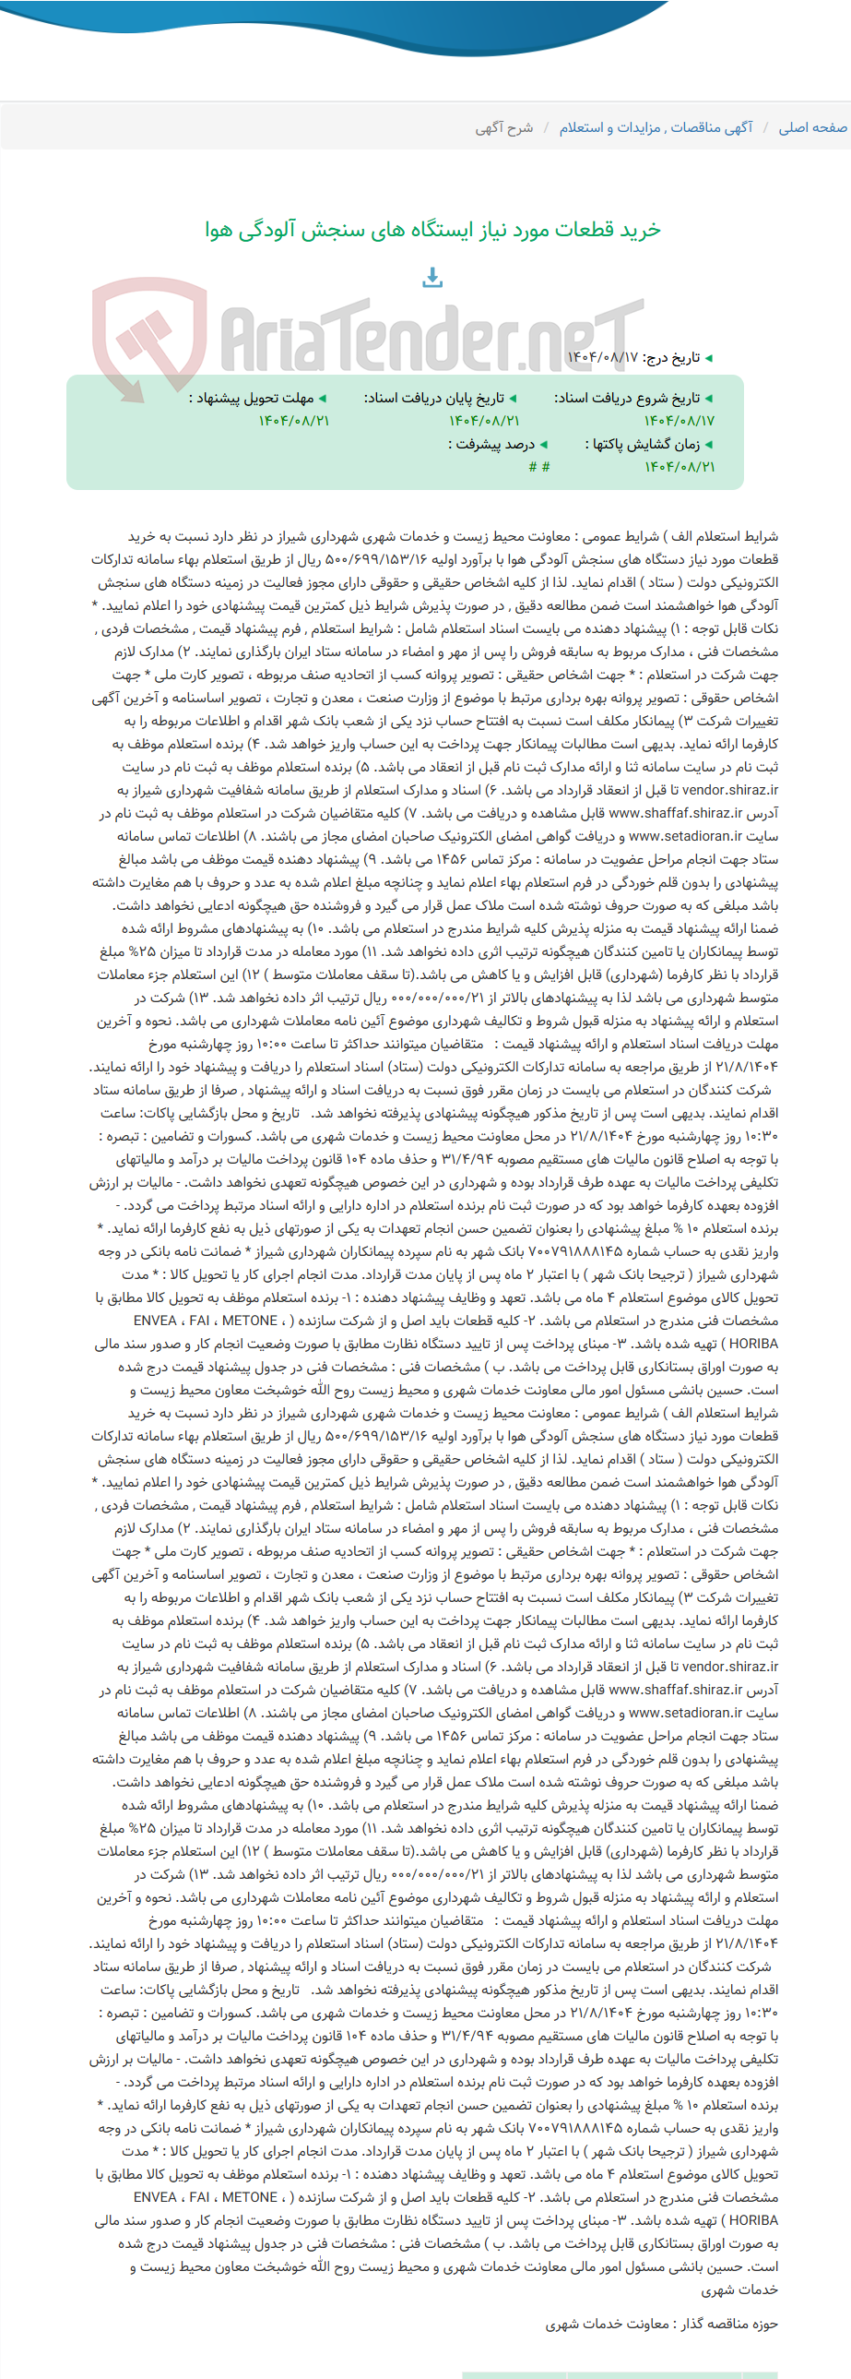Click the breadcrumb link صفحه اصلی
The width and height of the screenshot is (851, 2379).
point(812,127)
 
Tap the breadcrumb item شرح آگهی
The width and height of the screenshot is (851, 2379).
point(504,127)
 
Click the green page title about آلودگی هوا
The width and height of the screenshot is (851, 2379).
point(433,230)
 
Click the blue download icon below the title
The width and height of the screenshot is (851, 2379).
point(433,276)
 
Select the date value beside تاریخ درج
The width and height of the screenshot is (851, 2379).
point(603,357)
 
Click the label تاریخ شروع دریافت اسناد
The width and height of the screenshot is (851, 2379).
point(632,398)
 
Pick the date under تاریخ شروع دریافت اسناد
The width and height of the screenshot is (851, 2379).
point(680,421)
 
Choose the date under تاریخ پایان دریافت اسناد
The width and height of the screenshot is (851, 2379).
point(485,421)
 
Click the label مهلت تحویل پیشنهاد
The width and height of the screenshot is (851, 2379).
point(256,398)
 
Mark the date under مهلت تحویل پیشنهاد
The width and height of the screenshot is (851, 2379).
point(294,421)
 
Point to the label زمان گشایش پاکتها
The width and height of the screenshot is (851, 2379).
point(648,444)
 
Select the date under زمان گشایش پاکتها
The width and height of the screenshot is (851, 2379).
point(680,467)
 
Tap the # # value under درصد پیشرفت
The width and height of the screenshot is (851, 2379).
point(539,467)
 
